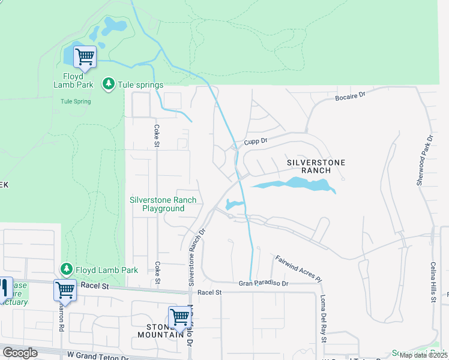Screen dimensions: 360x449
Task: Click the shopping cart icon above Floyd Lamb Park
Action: (85, 57)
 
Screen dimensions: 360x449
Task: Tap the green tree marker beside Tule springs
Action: (108, 85)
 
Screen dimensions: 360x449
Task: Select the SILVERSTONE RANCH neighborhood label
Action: (309, 166)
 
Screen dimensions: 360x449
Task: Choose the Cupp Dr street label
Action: (255, 142)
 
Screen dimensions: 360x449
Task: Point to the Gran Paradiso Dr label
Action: (264, 283)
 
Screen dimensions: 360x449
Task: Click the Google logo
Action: (20, 353)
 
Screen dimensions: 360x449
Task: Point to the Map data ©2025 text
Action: (422, 355)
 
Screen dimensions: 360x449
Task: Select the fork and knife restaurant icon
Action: (4, 287)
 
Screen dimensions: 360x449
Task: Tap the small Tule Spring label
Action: (76, 101)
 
